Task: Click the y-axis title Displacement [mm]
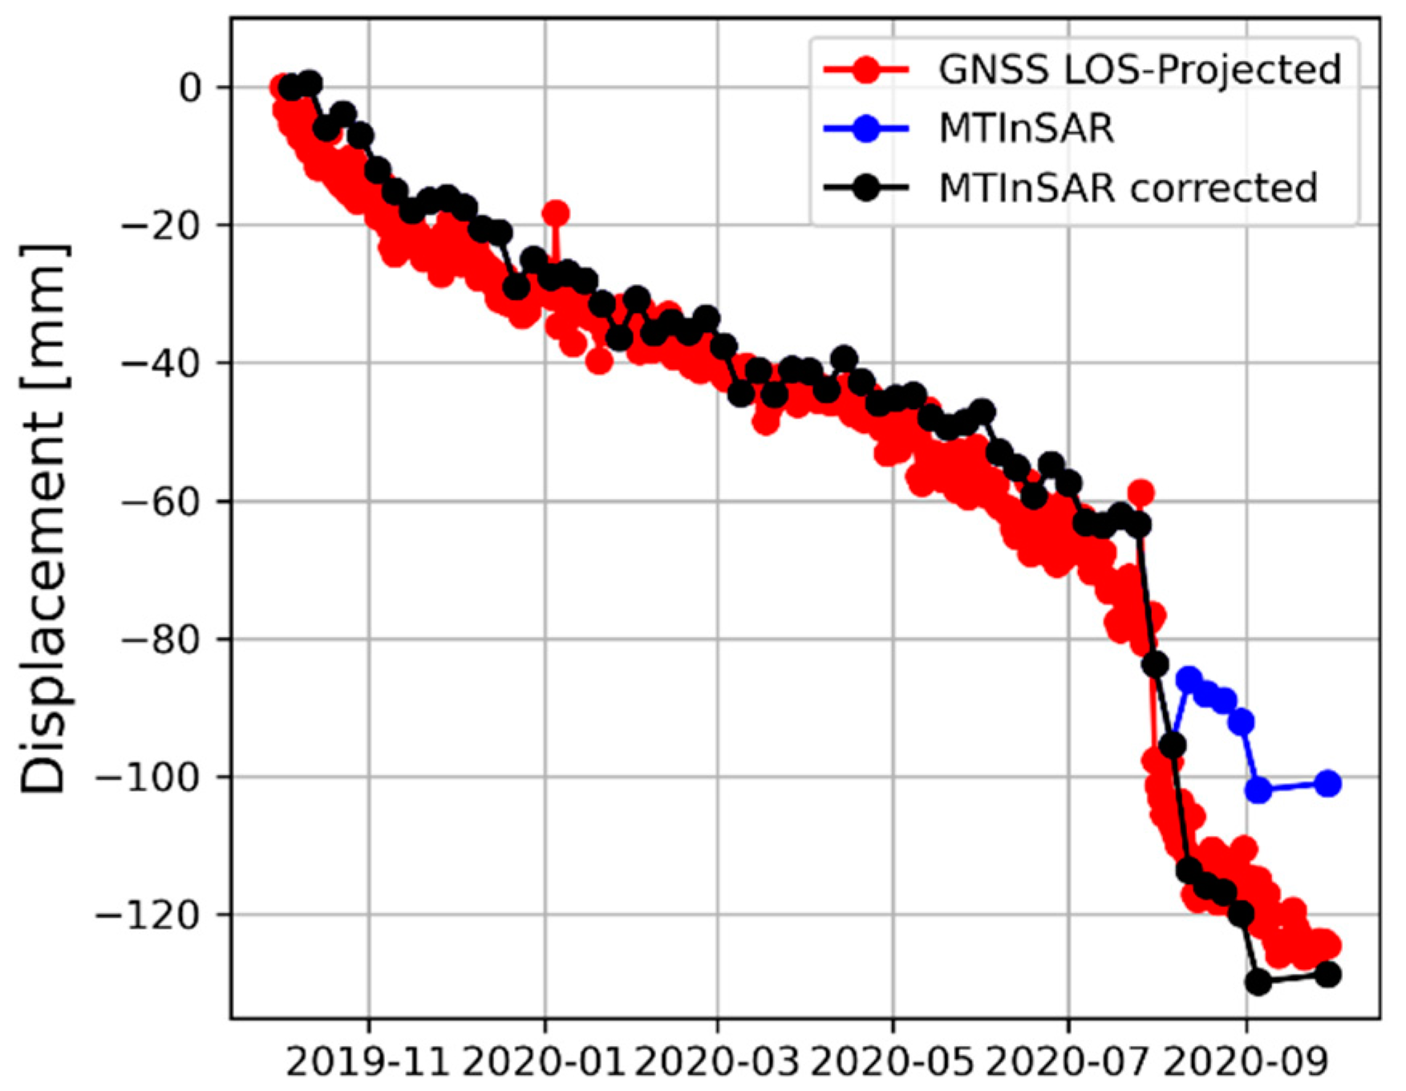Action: (x=43, y=520)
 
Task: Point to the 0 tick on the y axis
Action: (x=190, y=87)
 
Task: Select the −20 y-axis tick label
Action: (x=160, y=225)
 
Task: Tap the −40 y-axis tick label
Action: (x=160, y=363)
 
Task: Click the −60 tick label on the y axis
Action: (x=160, y=501)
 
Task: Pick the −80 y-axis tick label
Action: (x=160, y=639)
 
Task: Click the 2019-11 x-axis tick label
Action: (x=369, y=1064)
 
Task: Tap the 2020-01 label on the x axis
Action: (x=545, y=1064)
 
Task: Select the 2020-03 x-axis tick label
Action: (x=718, y=1064)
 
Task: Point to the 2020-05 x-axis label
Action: (x=892, y=1064)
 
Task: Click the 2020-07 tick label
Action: (x=1068, y=1064)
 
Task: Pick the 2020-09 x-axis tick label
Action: (x=1246, y=1064)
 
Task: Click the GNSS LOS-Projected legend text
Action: (x=1140, y=70)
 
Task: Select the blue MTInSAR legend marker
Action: (x=865, y=128)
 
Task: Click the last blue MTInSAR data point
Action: (x=1328, y=784)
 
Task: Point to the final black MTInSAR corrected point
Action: (x=1328, y=975)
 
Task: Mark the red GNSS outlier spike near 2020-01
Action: (x=556, y=213)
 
